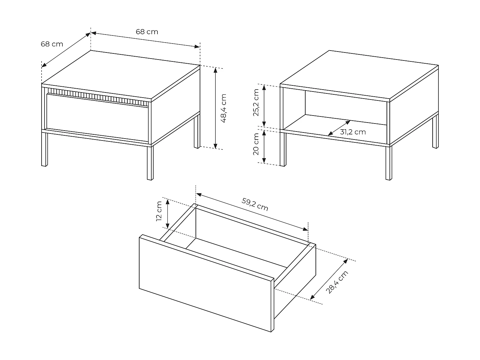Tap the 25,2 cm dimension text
pos(256,102)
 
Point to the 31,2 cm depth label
pos(353,132)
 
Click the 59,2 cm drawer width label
pos(255,204)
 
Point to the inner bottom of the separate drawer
pos(237,253)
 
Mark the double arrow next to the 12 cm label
pos(167,214)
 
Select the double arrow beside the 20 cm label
pos(264,147)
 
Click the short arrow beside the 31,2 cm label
pos(339,128)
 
